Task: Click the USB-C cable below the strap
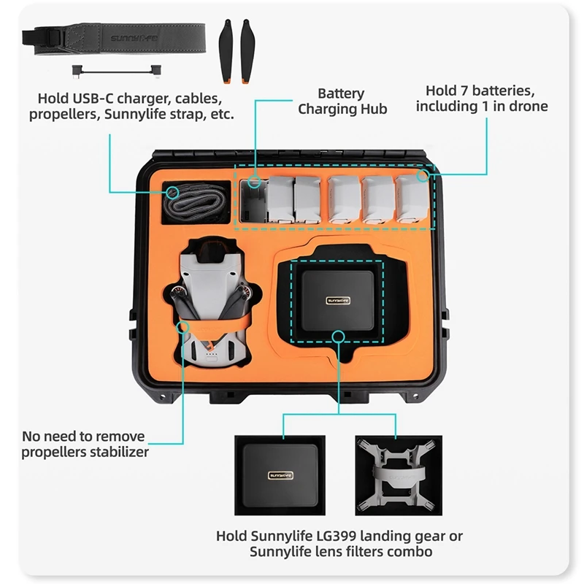coord(117,71)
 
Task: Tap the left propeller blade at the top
coord(226,51)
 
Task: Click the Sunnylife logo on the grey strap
coord(134,38)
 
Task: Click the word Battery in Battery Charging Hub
coord(341,93)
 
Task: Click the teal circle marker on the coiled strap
coord(172,193)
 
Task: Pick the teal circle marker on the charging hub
coord(255,182)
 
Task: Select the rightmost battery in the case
coord(412,199)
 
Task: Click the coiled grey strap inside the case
coord(194,203)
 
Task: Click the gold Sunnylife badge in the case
coord(338,300)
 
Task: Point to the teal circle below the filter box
coord(338,337)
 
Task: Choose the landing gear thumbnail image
coord(399,475)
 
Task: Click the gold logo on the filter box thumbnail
coord(280,475)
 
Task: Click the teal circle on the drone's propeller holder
coord(182,327)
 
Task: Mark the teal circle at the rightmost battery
coord(423,175)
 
